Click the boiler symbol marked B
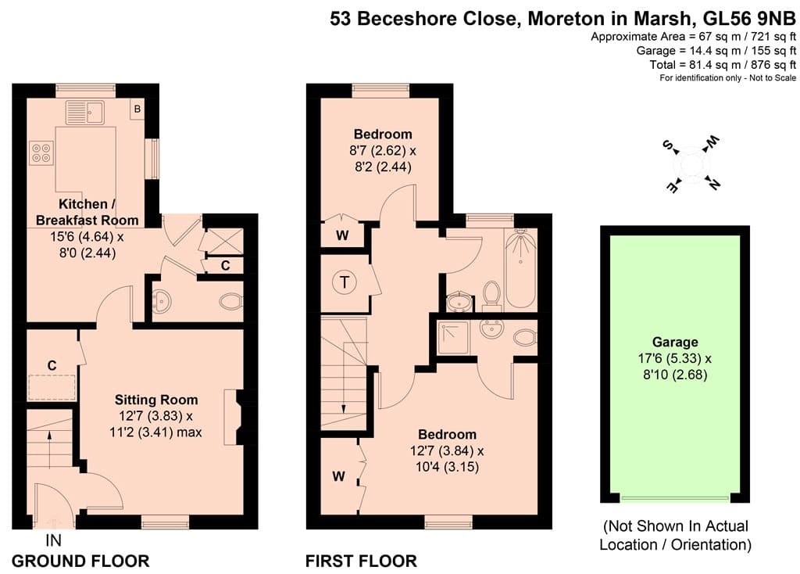coord(137,109)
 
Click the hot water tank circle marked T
coord(345,282)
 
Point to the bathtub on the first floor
coord(520,268)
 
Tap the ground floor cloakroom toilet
coord(231,301)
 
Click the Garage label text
coord(675,343)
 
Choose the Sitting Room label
coord(156,400)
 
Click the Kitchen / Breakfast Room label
coord(87,212)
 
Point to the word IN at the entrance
coord(54,540)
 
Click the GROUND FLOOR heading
coord(80,561)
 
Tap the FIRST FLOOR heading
coord(361,561)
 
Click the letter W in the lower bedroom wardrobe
coord(339,476)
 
